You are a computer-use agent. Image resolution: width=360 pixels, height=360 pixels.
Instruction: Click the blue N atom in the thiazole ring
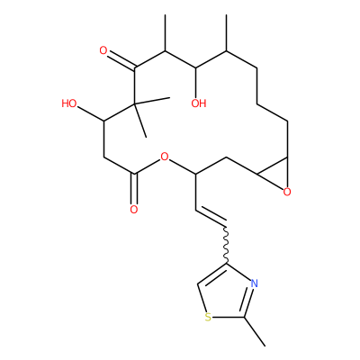point(254,283)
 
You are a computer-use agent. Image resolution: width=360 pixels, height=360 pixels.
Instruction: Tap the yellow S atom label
point(208,317)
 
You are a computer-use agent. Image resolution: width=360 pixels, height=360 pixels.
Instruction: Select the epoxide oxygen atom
point(287,192)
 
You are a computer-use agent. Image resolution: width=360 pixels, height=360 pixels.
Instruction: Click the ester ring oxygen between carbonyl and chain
point(164,157)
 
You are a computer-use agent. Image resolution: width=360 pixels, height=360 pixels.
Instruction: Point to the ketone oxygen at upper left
point(103,50)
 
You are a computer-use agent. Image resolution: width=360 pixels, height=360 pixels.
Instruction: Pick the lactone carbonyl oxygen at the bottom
point(134,210)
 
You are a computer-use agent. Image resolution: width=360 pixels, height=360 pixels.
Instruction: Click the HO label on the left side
point(69,103)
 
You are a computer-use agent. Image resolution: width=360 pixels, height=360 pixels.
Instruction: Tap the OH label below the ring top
point(199,103)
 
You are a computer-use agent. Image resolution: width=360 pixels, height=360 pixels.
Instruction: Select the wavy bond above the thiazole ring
point(227,244)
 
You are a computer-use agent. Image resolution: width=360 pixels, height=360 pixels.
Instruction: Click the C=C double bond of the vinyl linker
point(211,217)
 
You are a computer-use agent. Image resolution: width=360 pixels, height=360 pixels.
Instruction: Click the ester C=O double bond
point(134,188)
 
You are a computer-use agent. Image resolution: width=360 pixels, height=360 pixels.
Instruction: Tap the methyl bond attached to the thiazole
point(255,331)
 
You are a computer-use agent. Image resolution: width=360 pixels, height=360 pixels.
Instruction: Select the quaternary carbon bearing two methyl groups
point(134,103)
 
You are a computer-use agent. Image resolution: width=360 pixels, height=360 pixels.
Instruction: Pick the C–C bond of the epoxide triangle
point(272,165)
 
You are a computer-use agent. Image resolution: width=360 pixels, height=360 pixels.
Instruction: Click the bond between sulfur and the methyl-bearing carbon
point(229,317)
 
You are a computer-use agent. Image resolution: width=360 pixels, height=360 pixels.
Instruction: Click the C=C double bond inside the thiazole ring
point(212,274)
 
